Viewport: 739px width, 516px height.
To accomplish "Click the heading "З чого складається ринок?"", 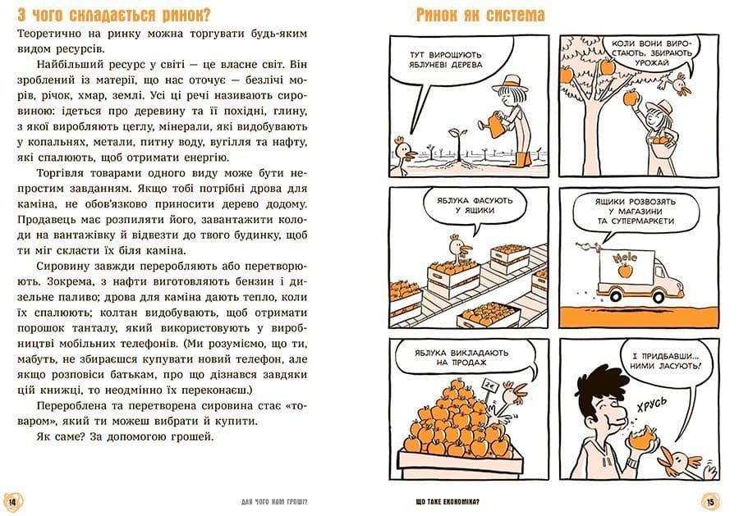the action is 113,15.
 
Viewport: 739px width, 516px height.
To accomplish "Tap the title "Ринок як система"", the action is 480,15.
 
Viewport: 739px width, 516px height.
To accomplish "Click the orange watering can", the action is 494,124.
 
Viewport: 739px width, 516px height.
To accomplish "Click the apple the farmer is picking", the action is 630,98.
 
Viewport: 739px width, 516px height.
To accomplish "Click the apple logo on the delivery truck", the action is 625,271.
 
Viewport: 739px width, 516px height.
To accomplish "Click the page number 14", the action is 12,502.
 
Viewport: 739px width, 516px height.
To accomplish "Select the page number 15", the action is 710,502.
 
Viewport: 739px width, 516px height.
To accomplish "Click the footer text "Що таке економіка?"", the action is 448,502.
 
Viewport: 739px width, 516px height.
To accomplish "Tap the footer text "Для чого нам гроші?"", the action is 274,502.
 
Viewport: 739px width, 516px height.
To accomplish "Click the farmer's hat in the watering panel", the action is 508,84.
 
